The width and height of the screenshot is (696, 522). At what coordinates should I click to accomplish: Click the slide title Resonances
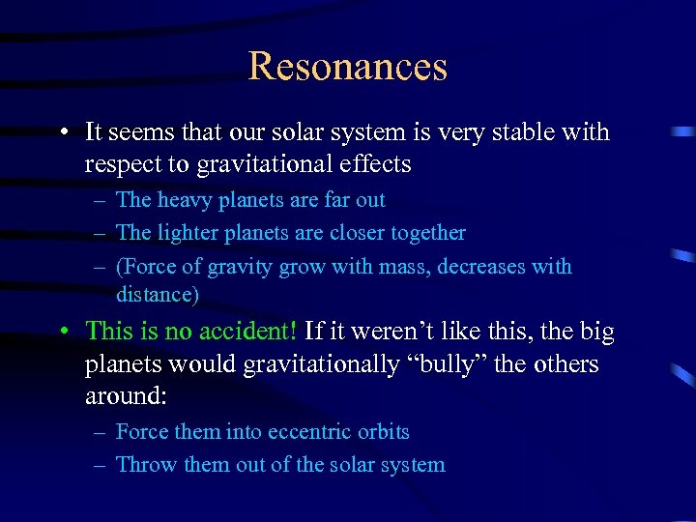coord(348,66)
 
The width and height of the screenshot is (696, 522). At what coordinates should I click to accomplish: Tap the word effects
coord(374,164)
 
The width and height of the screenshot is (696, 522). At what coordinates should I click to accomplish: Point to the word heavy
coord(181,200)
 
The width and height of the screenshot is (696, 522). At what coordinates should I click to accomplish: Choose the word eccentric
coord(311,432)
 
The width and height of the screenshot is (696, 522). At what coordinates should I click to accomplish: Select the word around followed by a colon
coord(124,397)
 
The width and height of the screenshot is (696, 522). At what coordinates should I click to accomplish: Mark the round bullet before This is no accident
coord(63,332)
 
